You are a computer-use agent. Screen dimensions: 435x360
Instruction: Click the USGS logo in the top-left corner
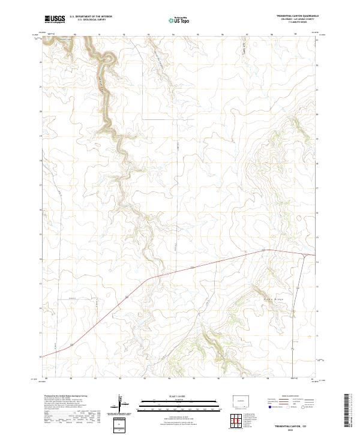click(x=55, y=19)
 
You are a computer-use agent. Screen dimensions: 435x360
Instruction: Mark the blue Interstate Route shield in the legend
click(x=262, y=406)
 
